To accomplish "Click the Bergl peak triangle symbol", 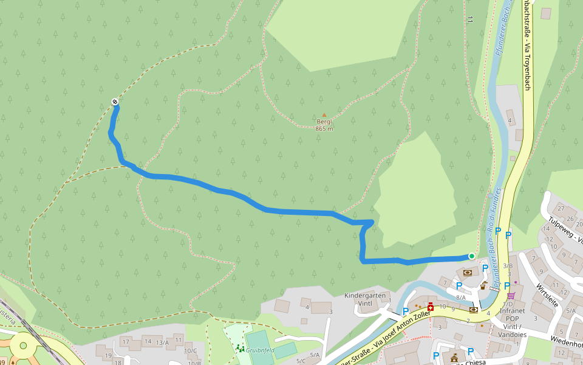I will [x=324, y=114].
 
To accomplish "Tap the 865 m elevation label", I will [x=324, y=128].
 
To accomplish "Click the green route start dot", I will [x=472, y=256].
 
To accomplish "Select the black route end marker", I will [x=115, y=102].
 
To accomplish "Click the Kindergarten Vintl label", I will [x=365, y=299].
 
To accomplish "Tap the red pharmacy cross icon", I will [x=431, y=308].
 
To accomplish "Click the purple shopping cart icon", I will [x=511, y=296].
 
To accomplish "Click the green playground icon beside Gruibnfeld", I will [x=240, y=348].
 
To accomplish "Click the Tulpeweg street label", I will [x=565, y=230].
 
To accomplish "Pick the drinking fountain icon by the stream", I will [x=484, y=285].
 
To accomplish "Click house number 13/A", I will [x=162, y=342].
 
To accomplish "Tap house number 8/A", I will [x=461, y=297].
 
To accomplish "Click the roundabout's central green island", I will [x=23, y=346].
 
